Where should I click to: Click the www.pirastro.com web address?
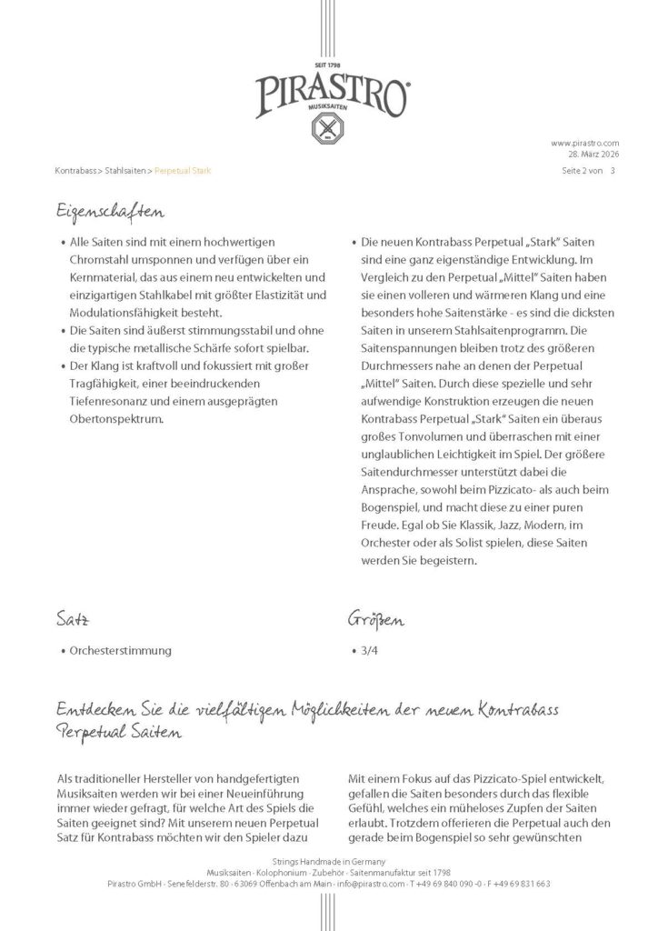coord(584,143)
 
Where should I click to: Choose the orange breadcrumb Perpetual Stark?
coord(183,170)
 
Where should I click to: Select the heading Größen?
coord(377,621)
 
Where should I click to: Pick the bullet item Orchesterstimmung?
coord(120,652)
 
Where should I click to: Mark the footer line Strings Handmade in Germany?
coord(328,860)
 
